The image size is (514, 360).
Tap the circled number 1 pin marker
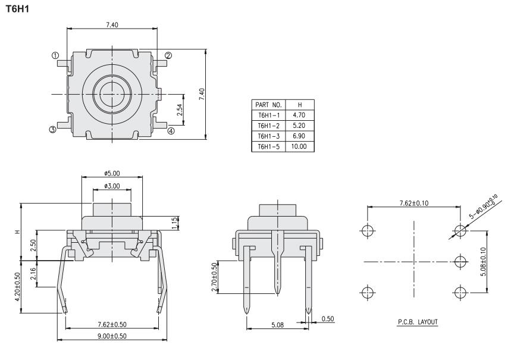coord(55,55)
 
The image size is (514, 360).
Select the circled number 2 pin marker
coord(168,56)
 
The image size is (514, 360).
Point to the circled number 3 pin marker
coord(53,129)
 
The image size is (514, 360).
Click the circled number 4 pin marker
coord(171,131)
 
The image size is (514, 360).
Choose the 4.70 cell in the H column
coord(300,115)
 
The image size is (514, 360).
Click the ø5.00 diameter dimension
coord(112,173)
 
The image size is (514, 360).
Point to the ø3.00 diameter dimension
coord(112,186)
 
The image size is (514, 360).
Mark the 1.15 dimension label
coord(174,223)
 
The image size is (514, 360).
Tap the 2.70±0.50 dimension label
coord(215,276)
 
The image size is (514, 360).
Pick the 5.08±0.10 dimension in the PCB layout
coord(482,260)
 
